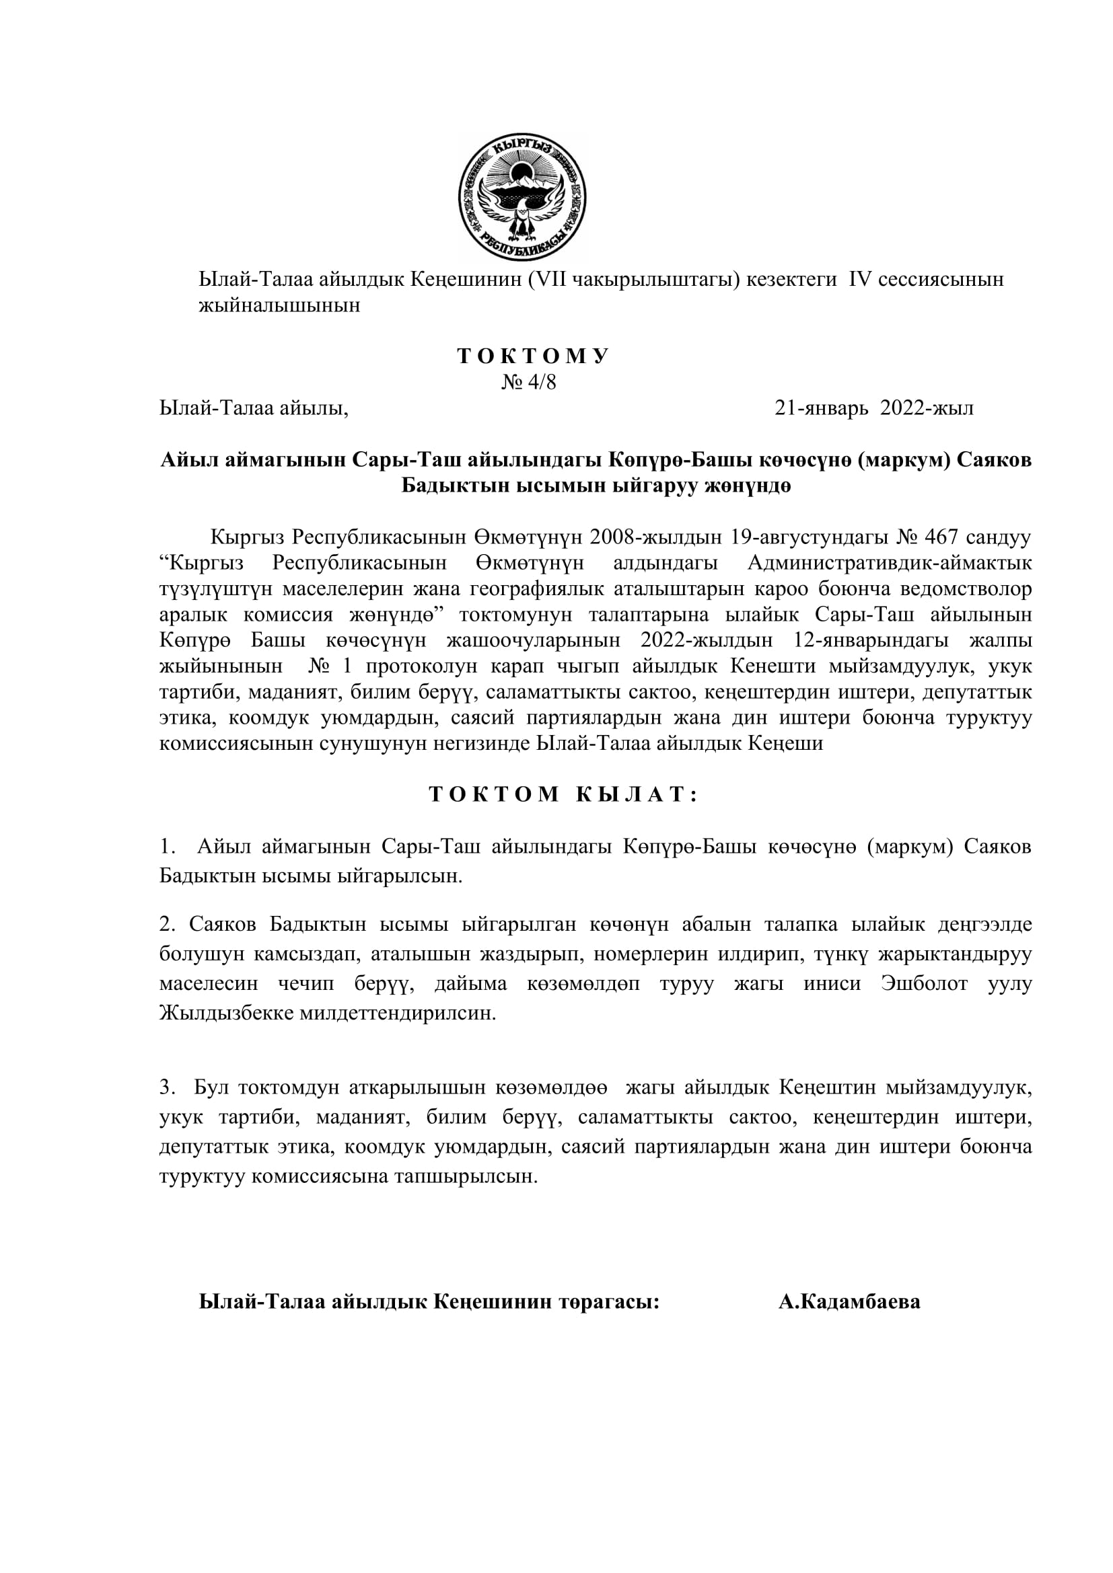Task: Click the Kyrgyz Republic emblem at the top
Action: point(522,196)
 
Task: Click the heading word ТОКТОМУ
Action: point(533,356)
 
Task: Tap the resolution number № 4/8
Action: point(528,381)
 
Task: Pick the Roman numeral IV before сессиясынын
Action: point(859,280)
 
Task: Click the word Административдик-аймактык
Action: point(889,563)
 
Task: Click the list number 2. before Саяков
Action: point(168,925)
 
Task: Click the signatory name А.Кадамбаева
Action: point(849,1302)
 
